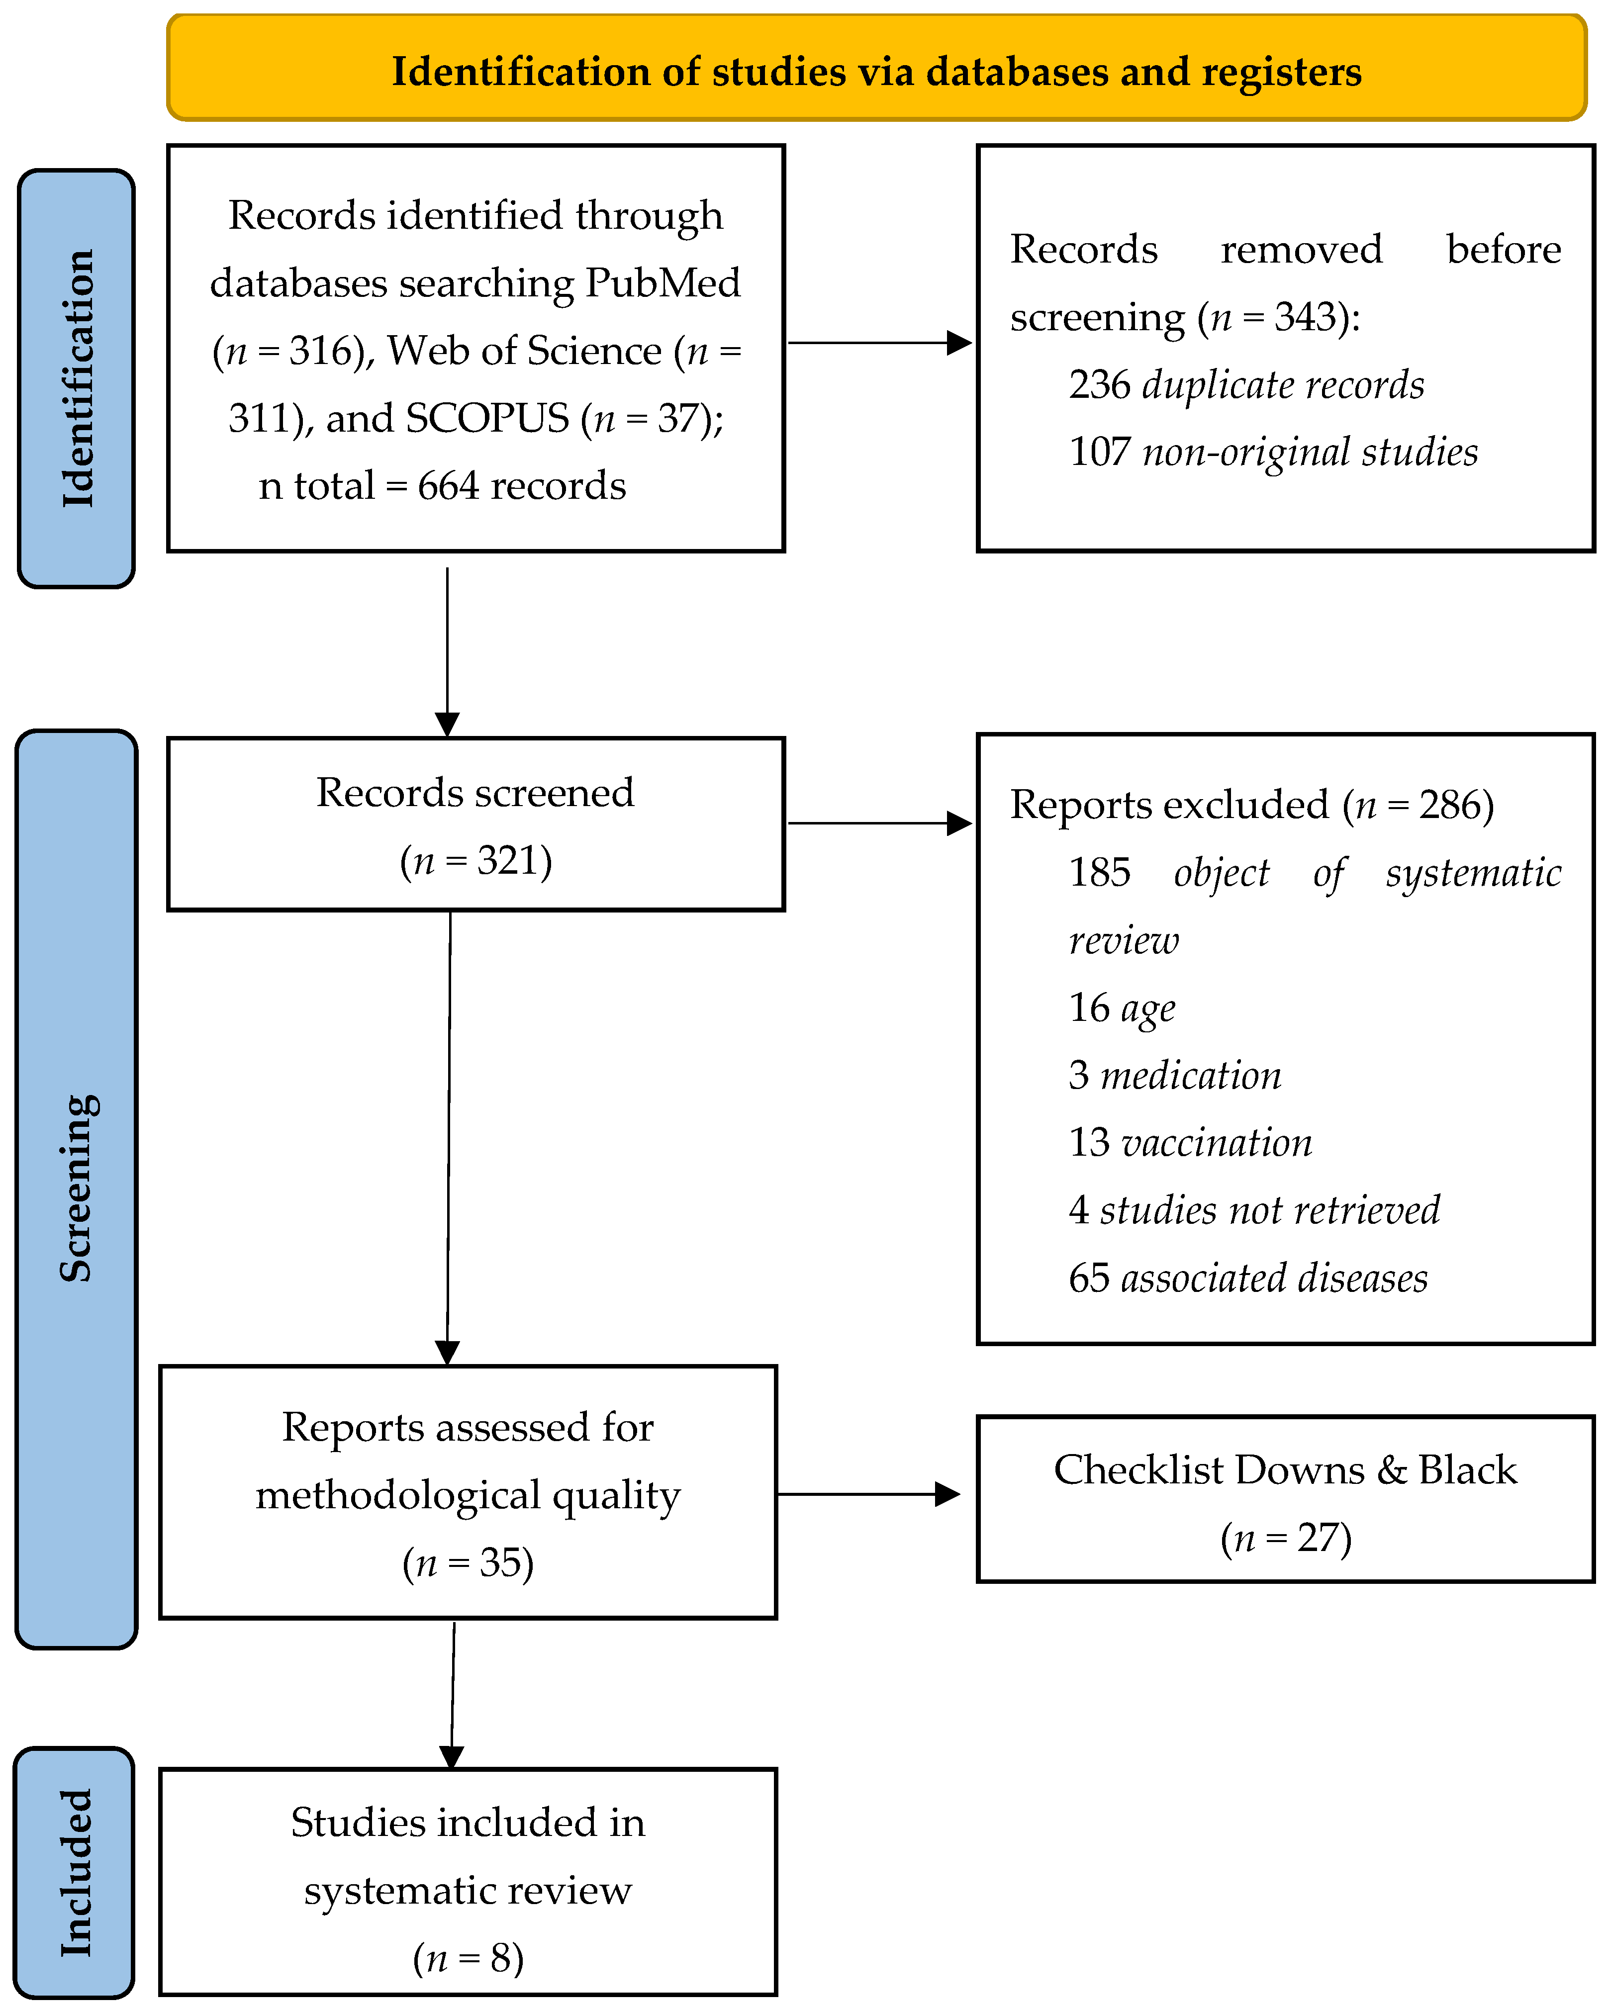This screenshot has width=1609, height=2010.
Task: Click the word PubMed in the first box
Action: point(663,282)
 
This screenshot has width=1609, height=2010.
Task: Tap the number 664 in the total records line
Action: point(449,486)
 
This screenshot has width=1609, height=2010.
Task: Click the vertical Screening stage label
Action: point(77,1188)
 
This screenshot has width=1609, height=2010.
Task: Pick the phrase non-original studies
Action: point(1310,452)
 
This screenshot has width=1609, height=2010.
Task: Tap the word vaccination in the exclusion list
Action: point(1217,1143)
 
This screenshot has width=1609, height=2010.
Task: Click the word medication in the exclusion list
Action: point(1190,1076)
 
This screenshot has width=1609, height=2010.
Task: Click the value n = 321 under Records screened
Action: point(475,860)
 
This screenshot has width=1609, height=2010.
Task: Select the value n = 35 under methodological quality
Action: point(468,1562)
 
